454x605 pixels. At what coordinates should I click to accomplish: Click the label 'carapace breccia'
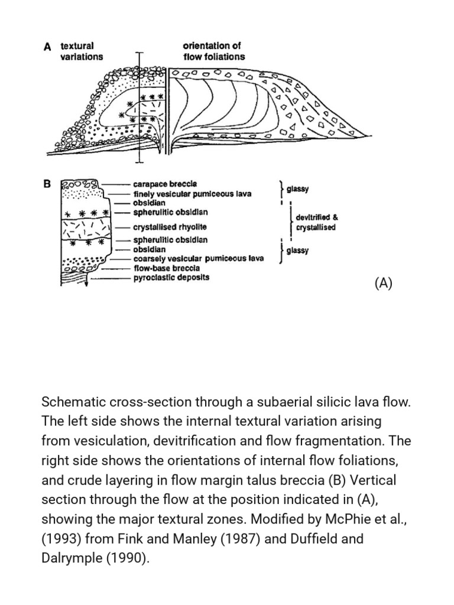pos(165,184)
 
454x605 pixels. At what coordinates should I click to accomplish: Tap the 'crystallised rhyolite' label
pos(170,227)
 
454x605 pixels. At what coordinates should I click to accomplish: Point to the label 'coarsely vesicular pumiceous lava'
pos(199,259)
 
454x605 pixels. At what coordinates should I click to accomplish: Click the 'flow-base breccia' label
pos(167,268)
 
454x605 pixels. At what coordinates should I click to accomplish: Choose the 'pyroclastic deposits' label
pos(171,277)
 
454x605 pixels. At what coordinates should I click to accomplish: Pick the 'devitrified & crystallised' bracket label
pos(316,222)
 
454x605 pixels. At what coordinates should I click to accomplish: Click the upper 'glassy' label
pos(297,190)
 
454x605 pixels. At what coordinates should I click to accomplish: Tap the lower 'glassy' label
pos(297,251)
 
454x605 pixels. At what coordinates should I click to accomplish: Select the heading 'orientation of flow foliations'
pos(213,51)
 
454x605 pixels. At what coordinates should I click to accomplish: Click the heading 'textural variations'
pos(81,51)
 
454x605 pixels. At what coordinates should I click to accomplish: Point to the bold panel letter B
pos(48,184)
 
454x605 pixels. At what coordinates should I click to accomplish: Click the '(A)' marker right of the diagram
pos(382,283)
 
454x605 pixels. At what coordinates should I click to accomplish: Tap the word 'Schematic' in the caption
pos(70,403)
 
